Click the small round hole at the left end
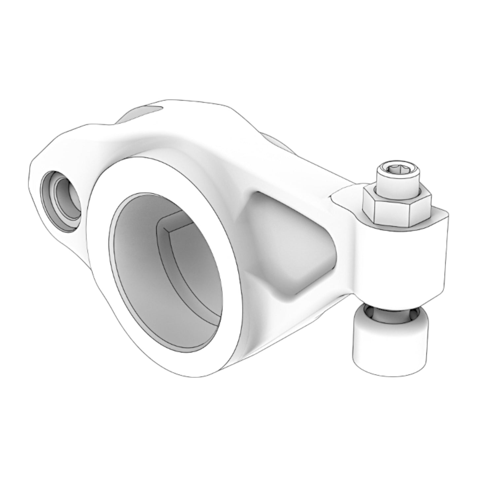tap(61, 201)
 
